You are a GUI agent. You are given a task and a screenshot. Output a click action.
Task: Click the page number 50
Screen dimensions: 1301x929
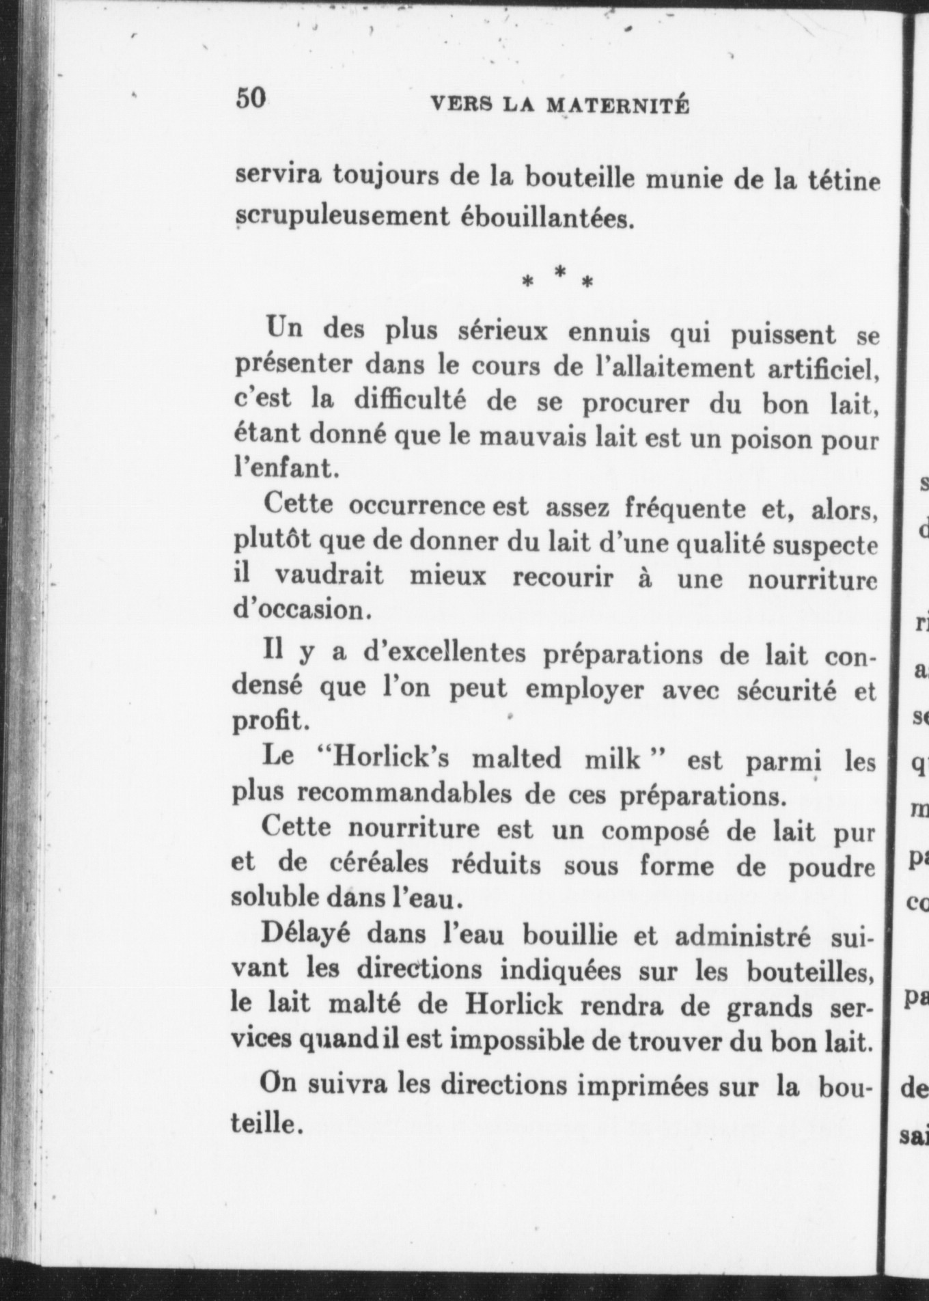(x=250, y=98)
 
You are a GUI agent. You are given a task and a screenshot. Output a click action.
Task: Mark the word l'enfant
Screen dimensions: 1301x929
(x=286, y=469)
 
